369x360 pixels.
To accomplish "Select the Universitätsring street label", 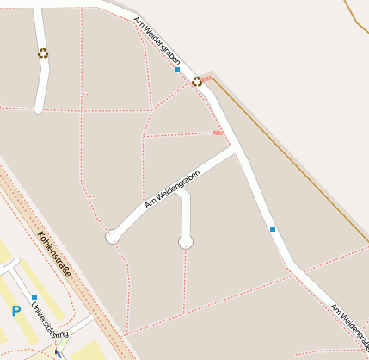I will (50, 320).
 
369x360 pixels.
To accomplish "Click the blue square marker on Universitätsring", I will (34, 296).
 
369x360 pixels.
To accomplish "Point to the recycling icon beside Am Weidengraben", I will (197, 82).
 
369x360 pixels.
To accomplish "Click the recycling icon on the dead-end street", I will (43, 53).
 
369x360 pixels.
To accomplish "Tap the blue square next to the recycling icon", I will (177, 70).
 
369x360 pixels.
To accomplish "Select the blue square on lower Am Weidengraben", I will (273, 229).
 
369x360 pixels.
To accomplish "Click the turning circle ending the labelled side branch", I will (112, 237).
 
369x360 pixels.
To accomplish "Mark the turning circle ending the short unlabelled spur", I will (186, 243).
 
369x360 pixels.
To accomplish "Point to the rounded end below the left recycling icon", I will (39, 109).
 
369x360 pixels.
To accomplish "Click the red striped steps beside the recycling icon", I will (207, 78).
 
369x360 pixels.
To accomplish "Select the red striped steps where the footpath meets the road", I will (218, 133).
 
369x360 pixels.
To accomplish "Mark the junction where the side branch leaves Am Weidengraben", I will (235, 152).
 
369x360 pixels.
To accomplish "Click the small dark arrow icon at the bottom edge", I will (58, 354).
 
